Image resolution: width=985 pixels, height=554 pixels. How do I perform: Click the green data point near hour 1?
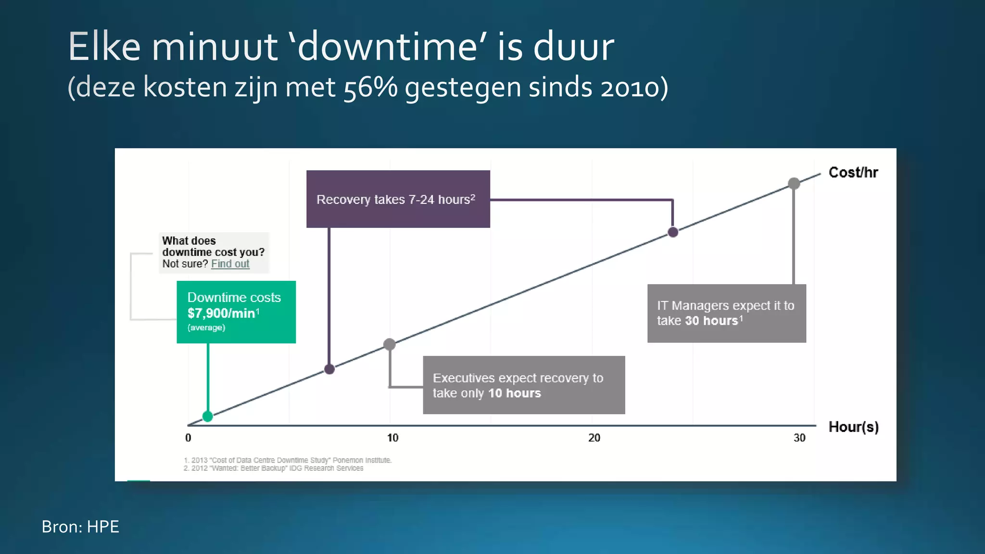(208, 416)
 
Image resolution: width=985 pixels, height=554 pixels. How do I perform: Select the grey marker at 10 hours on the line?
(390, 344)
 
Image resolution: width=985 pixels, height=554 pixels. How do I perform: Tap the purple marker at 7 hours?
(329, 369)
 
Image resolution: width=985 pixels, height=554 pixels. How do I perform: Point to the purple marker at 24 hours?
(673, 232)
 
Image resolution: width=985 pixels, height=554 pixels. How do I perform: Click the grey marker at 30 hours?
(794, 183)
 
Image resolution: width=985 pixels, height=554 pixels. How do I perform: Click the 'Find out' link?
(230, 264)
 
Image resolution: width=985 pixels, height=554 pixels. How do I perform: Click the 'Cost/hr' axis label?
(853, 173)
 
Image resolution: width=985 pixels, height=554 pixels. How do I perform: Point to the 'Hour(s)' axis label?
(853, 427)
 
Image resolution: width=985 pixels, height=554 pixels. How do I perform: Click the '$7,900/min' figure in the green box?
(221, 314)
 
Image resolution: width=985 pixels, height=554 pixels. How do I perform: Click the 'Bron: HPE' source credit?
(80, 527)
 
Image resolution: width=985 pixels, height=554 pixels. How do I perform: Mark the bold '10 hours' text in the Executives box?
(514, 393)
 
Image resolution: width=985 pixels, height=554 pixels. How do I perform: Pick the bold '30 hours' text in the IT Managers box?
(711, 321)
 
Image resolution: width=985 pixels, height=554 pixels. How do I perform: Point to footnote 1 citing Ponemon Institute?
(288, 460)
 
